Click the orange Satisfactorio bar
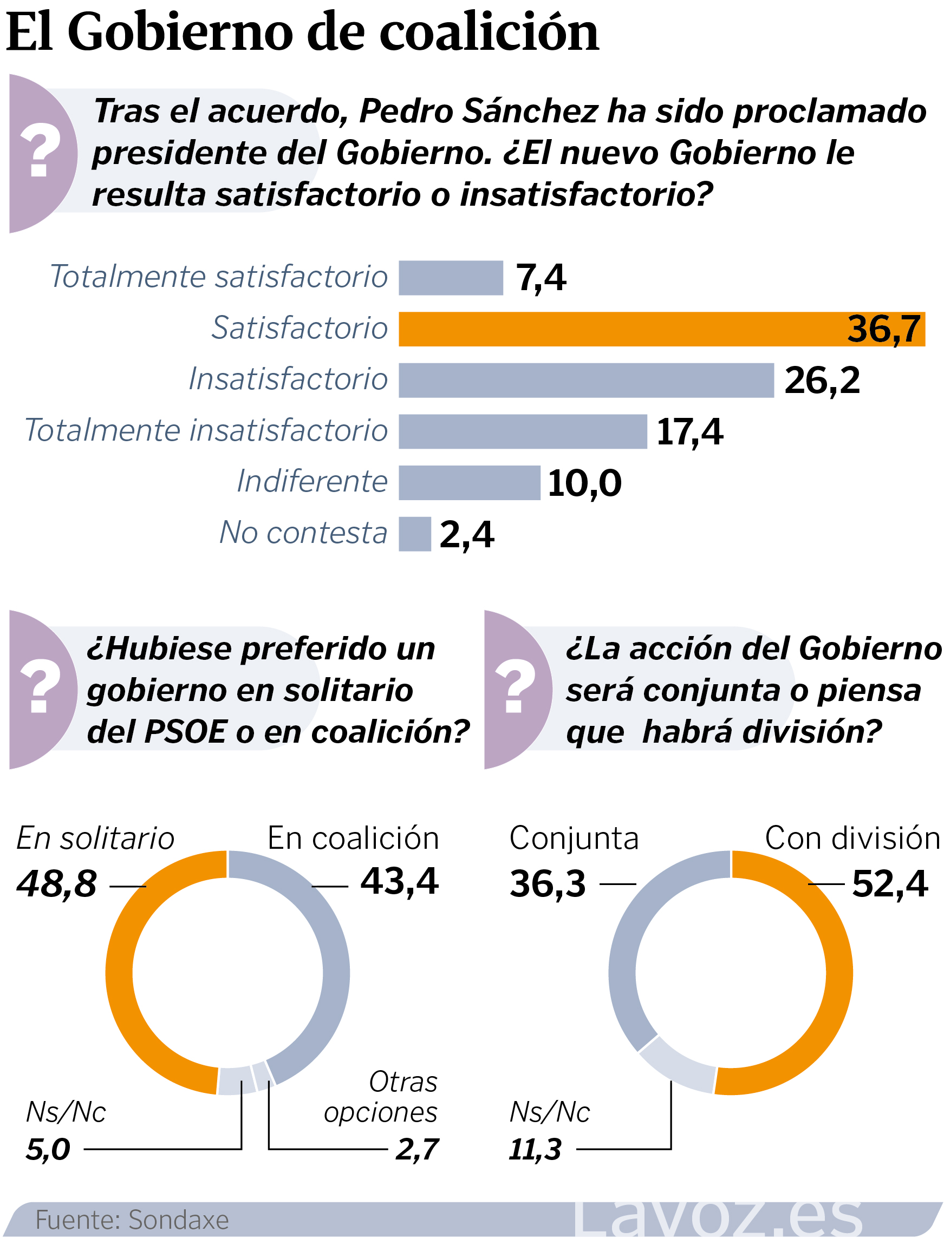click(x=660, y=329)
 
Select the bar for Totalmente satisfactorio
click(x=450, y=278)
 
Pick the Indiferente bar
click(x=469, y=482)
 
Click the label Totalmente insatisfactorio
click(x=206, y=430)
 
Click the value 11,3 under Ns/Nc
click(x=535, y=1149)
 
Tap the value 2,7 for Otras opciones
click(x=416, y=1149)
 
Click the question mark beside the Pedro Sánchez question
click(x=40, y=153)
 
